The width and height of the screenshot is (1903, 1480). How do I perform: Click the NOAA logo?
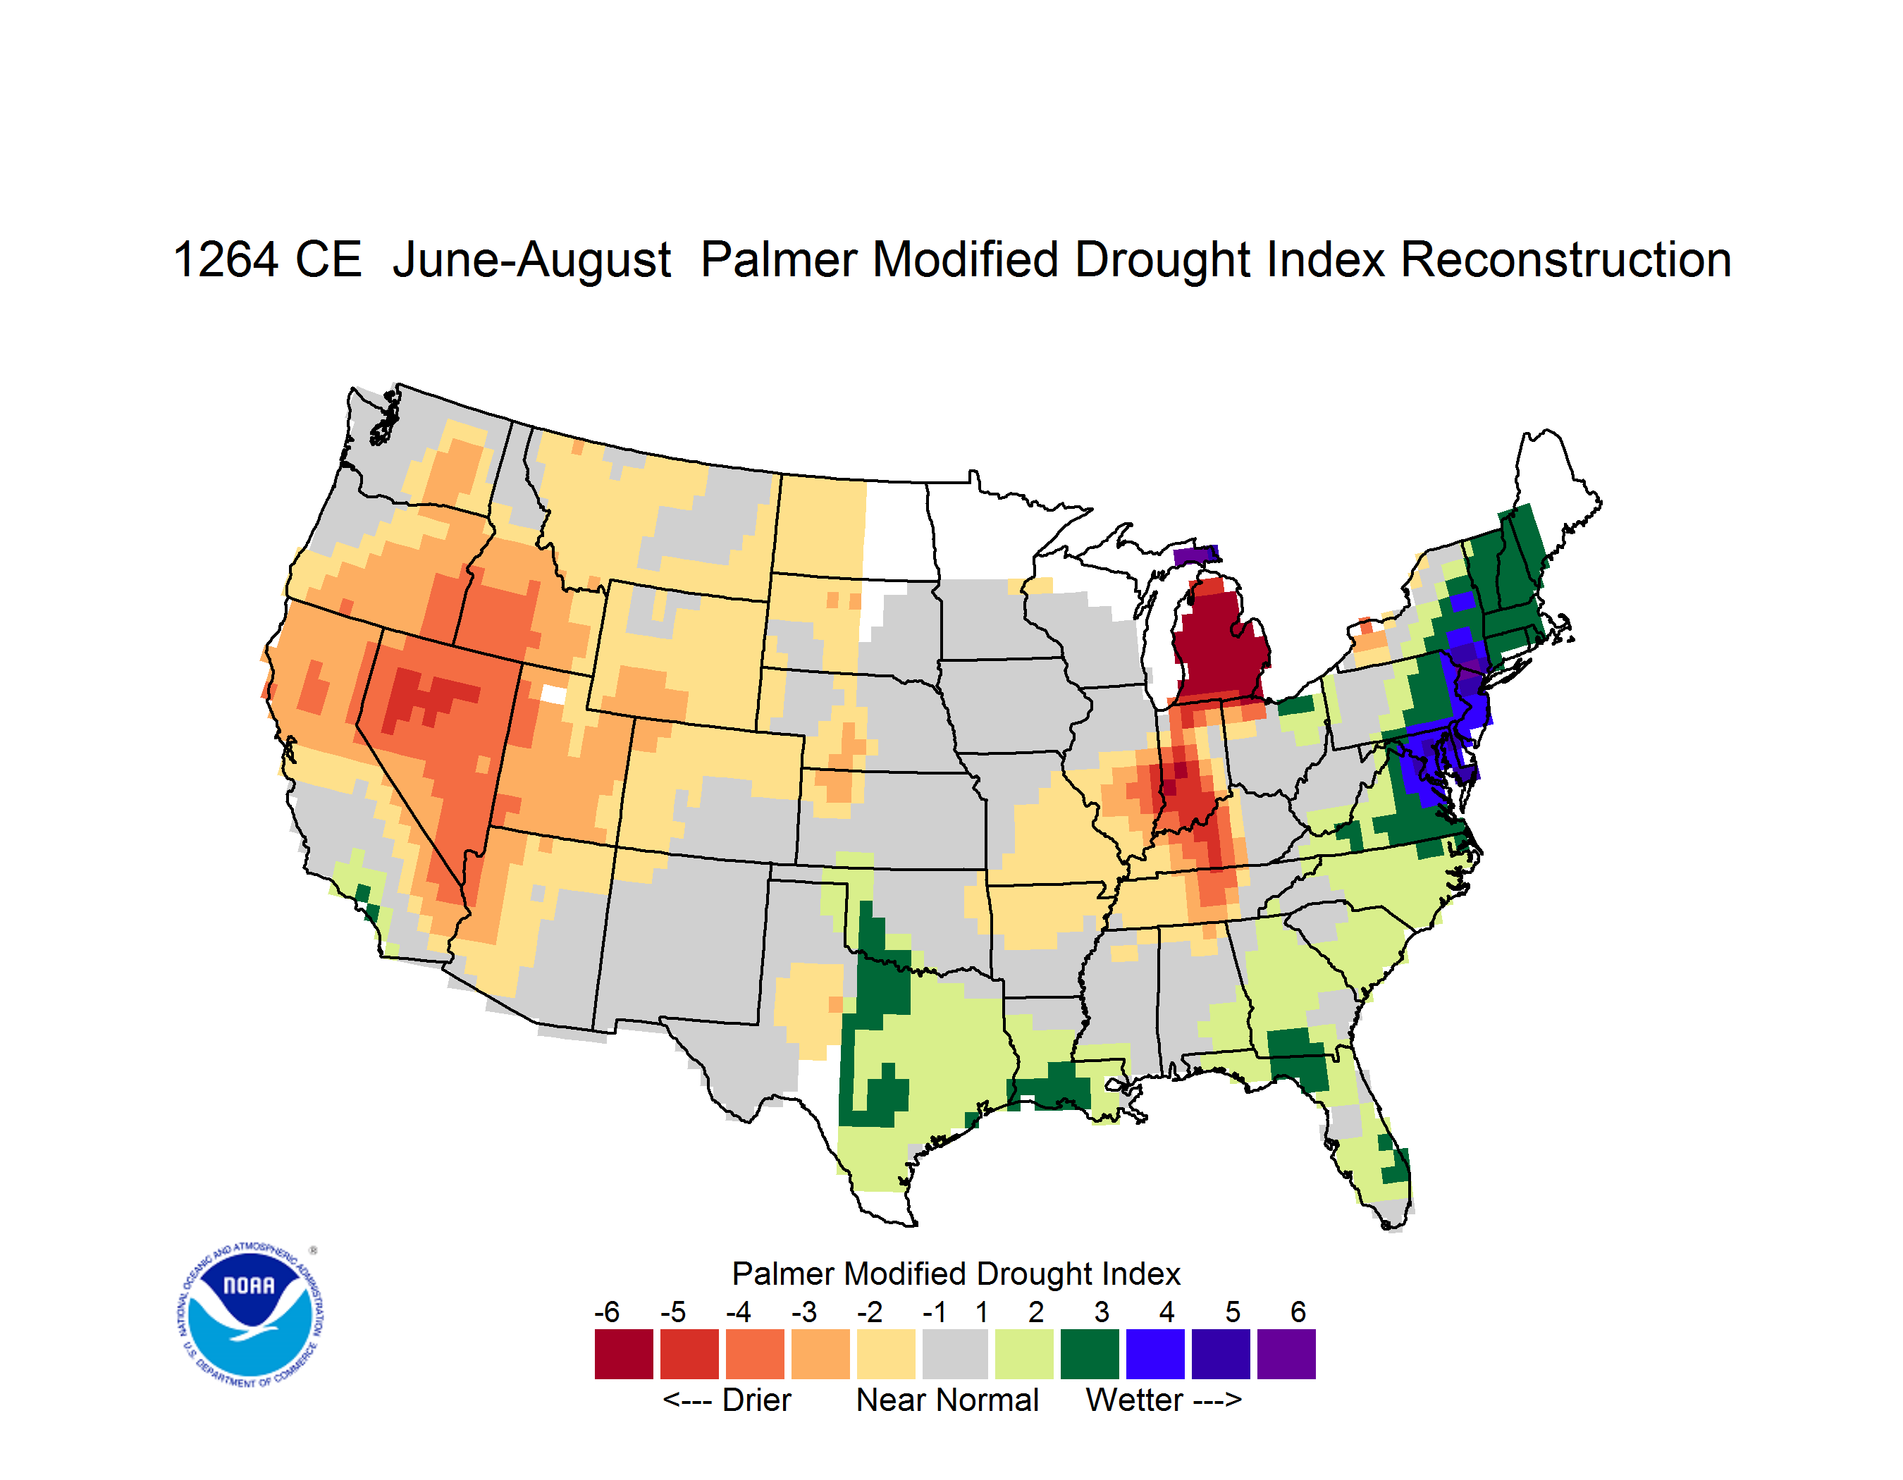(x=251, y=1315)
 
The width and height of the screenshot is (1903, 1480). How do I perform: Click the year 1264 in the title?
(x=226, y=259)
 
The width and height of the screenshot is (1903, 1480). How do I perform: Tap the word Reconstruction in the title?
(x=1566, y=259)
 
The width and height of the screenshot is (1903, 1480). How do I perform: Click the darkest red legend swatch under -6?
(x=624, y=1354)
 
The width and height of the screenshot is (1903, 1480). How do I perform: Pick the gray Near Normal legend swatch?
(x=955, y=1354)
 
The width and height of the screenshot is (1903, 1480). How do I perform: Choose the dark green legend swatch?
(x=1089, y=1354)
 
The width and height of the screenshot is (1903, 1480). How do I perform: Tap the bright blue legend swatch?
(x=1155, y=1354)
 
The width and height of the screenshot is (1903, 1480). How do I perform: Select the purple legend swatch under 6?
(x=1286, y=1354)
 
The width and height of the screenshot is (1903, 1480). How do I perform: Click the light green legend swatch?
(x=1024, y=1354)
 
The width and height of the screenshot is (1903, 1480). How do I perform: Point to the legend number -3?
(x=804, y=1312)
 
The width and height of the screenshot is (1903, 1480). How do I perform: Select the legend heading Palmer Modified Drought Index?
(x=956, y=1274)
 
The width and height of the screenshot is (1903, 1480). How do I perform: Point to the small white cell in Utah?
(x=553, y=694)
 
